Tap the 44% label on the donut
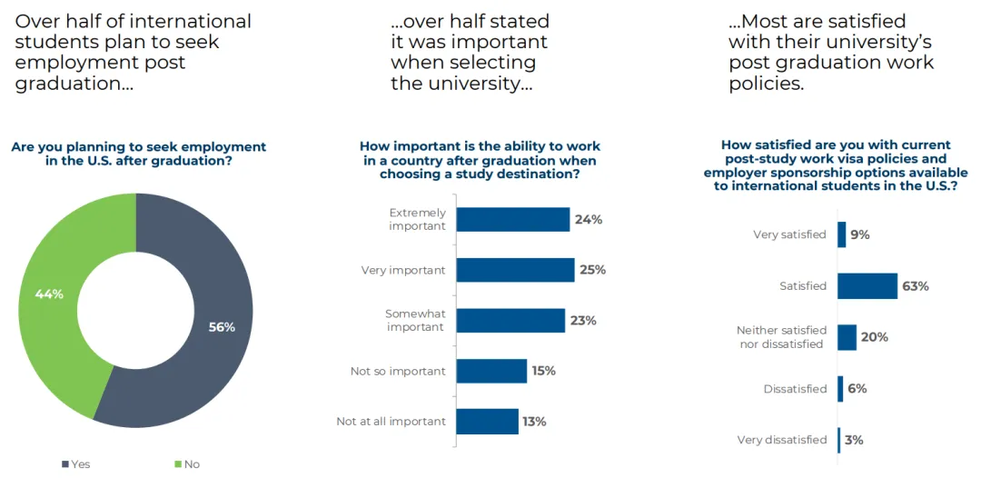[48, 294]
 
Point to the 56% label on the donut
[221, 327]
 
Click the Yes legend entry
[76, 464]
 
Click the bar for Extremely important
[512, 219]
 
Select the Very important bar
[515, 270]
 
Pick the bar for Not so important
[491, 371]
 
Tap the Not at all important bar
[487, 422]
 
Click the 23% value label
[584, 321]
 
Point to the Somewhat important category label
[415, 320]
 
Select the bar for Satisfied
[867, 286]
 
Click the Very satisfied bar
[841, 234]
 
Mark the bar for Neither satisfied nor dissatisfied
[847, 337]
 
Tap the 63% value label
[916, 286]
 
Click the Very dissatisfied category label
[782, 440]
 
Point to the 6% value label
[857, 389]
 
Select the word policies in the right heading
[766, 85]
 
